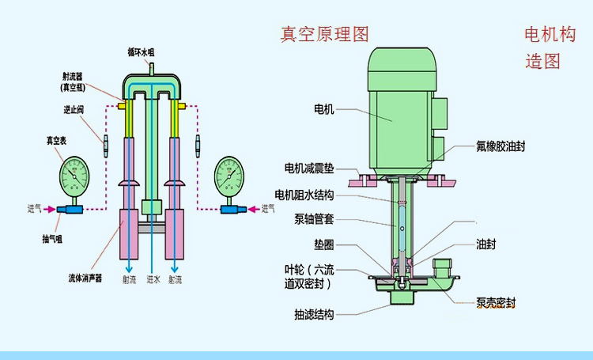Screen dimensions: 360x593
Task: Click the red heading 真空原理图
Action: click(325, 35)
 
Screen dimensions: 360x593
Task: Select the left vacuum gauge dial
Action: click(76, 176)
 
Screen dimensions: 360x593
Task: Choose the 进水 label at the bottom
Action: click(153, 279)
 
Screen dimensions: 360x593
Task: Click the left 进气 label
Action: click(36, 209)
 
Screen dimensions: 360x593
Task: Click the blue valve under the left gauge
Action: click(69, 210)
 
